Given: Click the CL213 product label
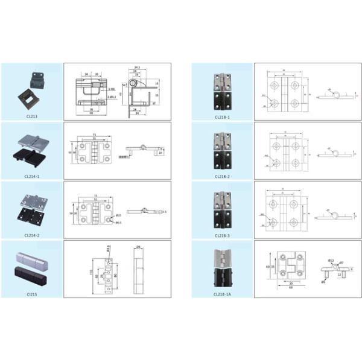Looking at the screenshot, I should pyautogui.click(x=31, y=116).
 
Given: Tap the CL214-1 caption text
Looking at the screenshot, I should pyautogui.click(x=31, y=176).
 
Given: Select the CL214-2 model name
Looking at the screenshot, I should pyautogui.click(x=31, y=235).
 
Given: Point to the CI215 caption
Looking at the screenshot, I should pyautogui.click(x=31, y=294).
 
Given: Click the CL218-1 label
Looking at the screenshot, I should pyautogui.click(x=222, y=117).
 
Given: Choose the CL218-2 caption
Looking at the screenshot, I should pyautogui.click(x=222, y=176).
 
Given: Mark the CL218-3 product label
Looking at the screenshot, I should pyautogui.click(x=222, y=235).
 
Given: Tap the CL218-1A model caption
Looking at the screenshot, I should pyautogui.click(x=222, y=294).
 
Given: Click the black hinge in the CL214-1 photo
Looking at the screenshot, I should pyautogui.click(x=28, y=158).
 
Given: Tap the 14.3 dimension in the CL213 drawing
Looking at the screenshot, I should pyautogui.click(x=137, y=68).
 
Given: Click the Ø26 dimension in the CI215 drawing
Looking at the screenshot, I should pyautogui.click(x=138, y=247).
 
